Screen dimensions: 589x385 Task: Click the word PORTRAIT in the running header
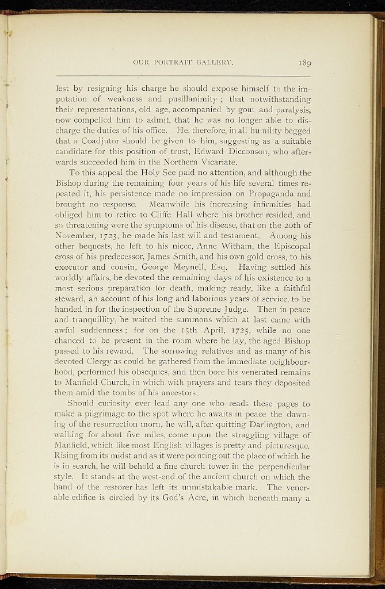coord(176,62)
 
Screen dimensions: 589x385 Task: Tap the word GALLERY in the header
coord(215,62)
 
